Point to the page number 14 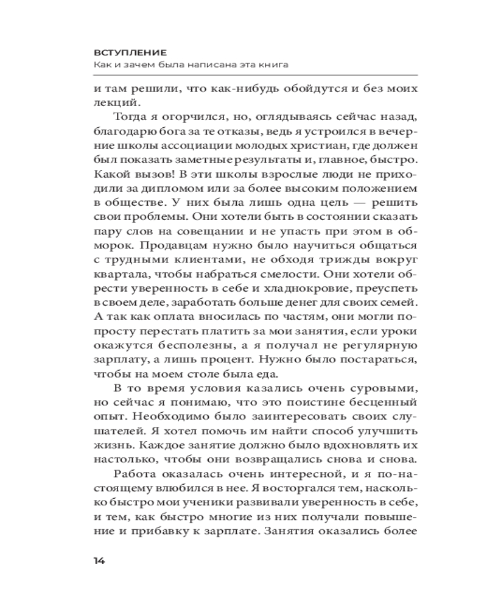pyautogui.click(x=99, y=561)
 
